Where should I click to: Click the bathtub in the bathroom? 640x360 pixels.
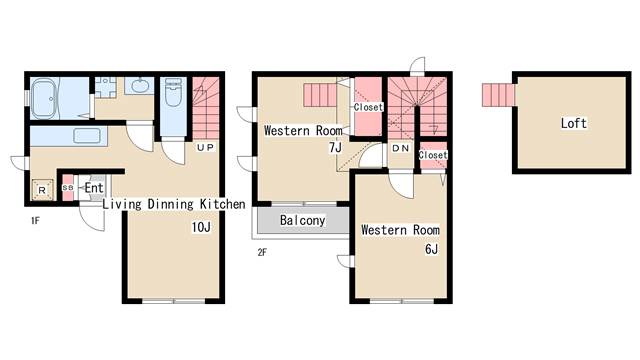coord(46,98)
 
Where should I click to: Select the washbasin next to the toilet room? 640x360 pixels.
coord(139,86)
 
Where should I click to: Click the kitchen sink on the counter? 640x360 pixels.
coord(87,136)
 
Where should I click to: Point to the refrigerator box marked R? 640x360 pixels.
coord(42,190)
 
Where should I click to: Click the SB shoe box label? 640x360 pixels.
coord(68,187)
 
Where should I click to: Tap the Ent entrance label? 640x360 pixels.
coord(94,188)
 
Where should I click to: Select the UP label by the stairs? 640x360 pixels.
coord(205,147)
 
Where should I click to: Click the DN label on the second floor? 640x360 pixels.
coord(400,148)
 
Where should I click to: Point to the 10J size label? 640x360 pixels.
coord(201,227)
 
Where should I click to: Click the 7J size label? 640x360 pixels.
coord(335,147)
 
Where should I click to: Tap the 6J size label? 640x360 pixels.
coord(431,249)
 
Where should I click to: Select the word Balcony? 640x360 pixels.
coord(302,220)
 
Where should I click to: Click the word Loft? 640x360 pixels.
coord(573,123)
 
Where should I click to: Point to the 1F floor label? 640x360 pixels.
coord(35,221)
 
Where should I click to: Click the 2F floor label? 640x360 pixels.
coord(262,252)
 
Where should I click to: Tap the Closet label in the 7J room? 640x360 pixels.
coord(368,107)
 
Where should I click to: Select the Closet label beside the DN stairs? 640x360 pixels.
coord(433,155)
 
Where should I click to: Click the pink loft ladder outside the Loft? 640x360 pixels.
coord(498,95)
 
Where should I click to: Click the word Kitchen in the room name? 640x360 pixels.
coord(223,204)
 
